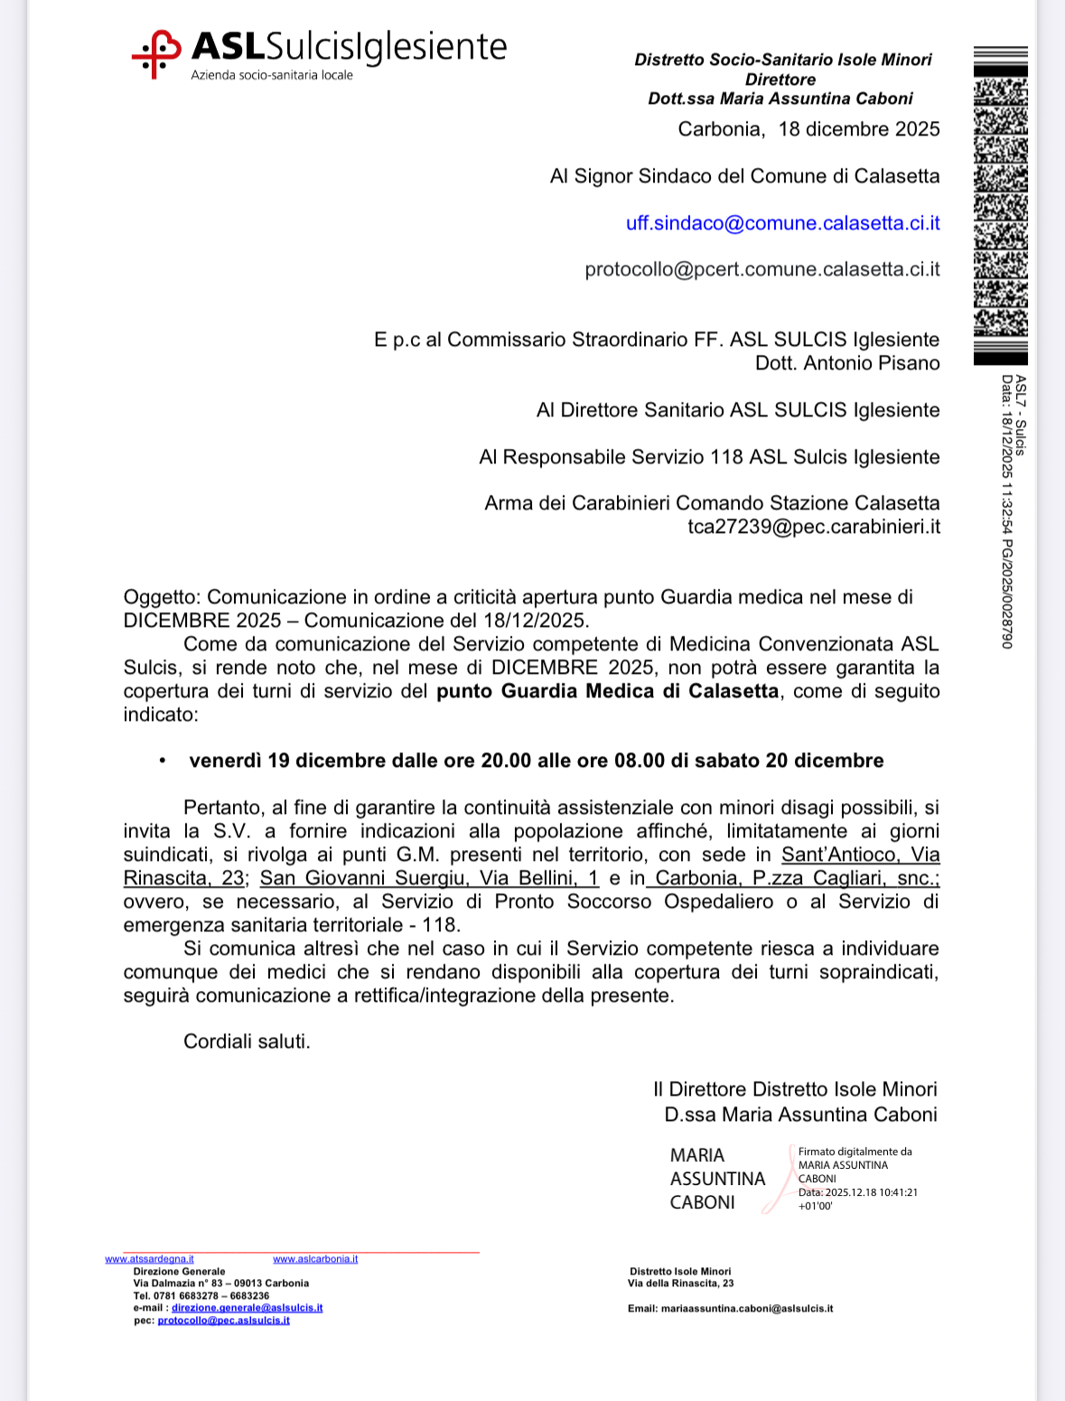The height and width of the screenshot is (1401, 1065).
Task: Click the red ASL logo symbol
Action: pos(155,53)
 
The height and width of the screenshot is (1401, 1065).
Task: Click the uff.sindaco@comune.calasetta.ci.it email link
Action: pos(782,223)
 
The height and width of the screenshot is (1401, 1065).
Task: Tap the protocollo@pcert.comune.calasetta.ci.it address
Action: pos(762,269)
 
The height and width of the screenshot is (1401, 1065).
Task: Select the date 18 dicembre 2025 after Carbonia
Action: pos(859,129)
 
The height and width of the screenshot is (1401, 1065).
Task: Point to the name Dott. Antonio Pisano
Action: pos(847,363)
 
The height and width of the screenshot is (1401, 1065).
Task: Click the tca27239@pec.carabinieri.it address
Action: pos(813,527)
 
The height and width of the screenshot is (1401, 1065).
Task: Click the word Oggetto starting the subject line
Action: pos(160,597)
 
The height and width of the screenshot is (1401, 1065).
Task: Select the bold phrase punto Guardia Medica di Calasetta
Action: pos(607,691)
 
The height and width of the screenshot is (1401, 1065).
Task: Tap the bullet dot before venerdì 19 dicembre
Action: pos(163,761)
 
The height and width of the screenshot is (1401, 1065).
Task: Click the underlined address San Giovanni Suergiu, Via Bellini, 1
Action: pos(429,878)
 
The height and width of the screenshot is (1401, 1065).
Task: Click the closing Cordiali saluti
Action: pos(247,1041)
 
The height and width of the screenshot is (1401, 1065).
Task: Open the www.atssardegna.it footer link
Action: pos(149,1259)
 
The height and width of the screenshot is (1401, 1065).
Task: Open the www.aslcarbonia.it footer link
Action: pos(315,1259)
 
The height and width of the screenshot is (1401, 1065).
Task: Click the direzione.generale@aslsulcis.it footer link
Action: pos(247,1307)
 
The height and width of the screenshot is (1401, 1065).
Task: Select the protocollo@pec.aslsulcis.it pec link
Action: pos(223,1320)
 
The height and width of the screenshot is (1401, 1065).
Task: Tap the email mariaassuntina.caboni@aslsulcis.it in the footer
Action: pos(746,1308)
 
